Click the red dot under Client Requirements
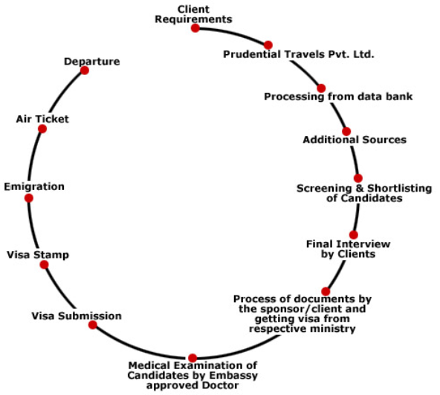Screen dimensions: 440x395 [195, 28]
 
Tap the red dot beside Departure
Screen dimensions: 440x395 [85, 70]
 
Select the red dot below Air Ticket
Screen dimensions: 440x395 [42, 128]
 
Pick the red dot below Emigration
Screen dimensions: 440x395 [29, 198]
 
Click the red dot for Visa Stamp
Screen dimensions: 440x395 [44, 264]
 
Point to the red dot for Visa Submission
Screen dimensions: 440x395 [93, 324]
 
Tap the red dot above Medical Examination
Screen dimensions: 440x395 [192, 358]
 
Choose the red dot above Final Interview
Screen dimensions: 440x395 [354, 235]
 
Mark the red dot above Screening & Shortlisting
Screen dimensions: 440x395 [357, 178]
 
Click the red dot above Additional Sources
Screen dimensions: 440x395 [346, 131]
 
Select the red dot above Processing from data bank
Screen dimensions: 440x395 [321, 88]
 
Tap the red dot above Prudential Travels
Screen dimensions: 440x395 [268, 45]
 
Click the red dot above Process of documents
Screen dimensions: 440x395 [326, 291]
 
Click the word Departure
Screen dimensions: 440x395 [91, 62]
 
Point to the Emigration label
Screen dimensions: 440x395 [34, 186]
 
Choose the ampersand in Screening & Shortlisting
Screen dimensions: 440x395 [360, 188]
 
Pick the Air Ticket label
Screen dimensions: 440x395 [42, 119]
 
